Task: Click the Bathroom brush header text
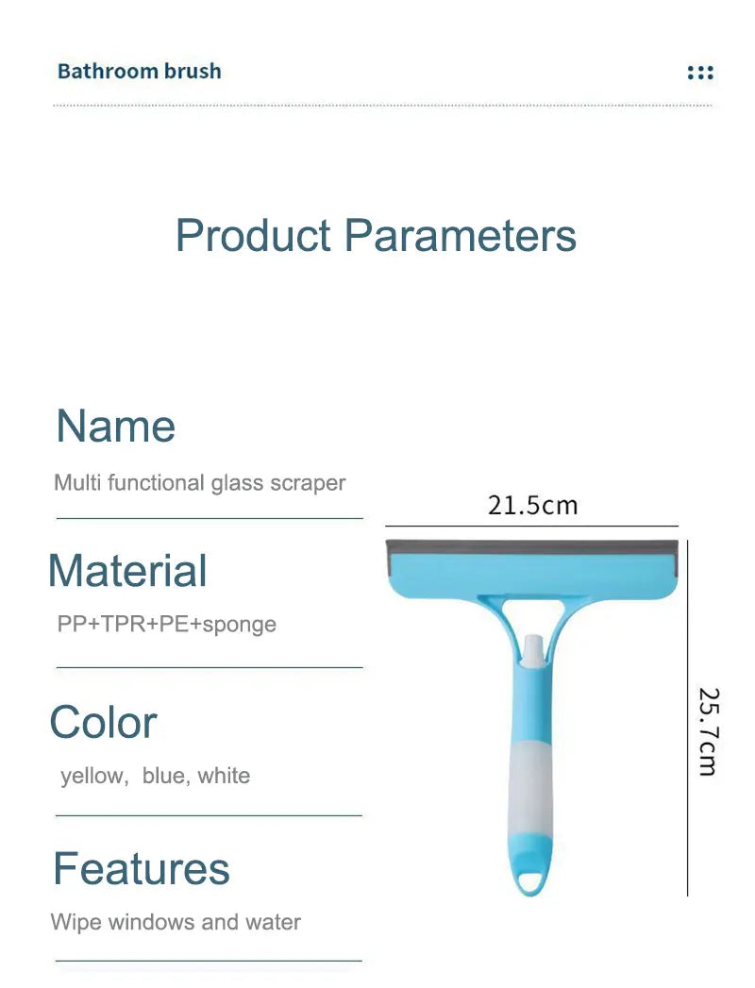(139, 72)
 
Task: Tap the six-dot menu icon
(700, 73)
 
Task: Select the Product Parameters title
(376, 235)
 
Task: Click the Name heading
(115, 426)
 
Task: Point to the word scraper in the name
(308, 483)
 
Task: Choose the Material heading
(127, 571)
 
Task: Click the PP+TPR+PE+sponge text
(165, 624)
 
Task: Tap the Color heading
(103, 723)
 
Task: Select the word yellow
(92, 776)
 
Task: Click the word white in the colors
(224, 776)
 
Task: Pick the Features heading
(141, 868)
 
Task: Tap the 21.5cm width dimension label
(532, 505)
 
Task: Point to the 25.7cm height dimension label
(708, 731)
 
